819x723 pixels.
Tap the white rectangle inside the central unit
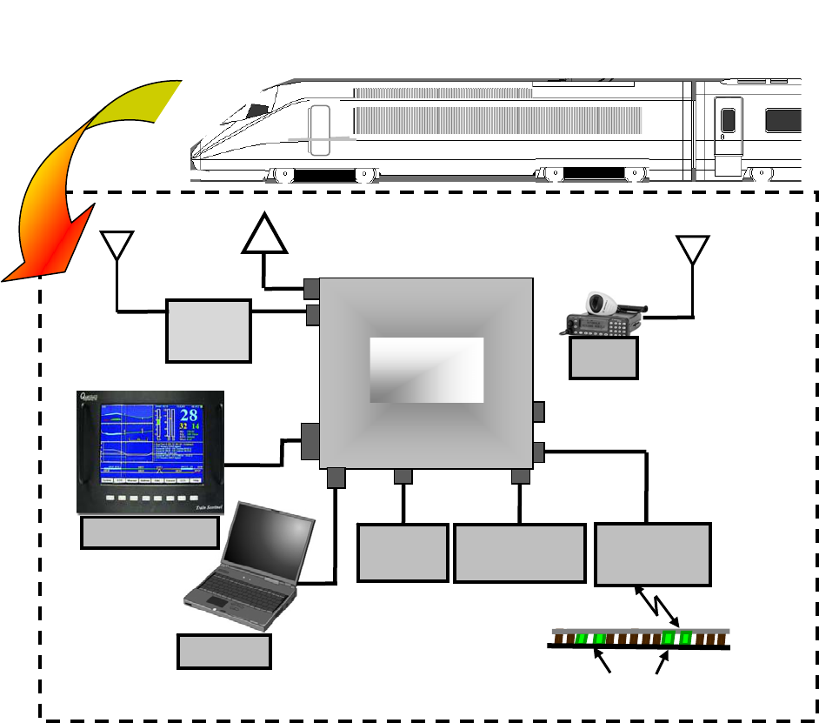426,370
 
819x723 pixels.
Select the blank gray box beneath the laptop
223,651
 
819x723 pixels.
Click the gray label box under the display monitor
149,533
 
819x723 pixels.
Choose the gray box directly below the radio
603,358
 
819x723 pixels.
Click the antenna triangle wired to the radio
692,248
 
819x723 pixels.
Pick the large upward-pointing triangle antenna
264,235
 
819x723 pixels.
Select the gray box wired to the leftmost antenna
208,331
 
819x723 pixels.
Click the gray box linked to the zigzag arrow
652,553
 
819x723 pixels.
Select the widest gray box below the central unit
519,553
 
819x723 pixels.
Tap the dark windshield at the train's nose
256,110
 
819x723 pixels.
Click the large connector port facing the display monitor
310,441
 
